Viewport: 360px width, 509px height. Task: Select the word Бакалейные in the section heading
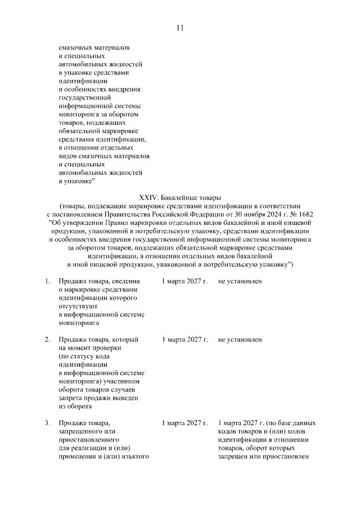tap(179, 198)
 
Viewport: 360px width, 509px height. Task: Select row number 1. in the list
tap(48, 281)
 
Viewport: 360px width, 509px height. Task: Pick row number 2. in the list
tap(48, 340)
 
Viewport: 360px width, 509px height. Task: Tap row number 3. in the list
tap(48, 422)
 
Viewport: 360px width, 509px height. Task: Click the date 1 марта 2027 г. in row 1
tap(185, 281)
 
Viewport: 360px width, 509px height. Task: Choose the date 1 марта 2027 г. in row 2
tap(185, 340)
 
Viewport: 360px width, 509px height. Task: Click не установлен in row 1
tap(240, 281)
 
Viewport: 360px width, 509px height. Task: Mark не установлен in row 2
tap(240, 340)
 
